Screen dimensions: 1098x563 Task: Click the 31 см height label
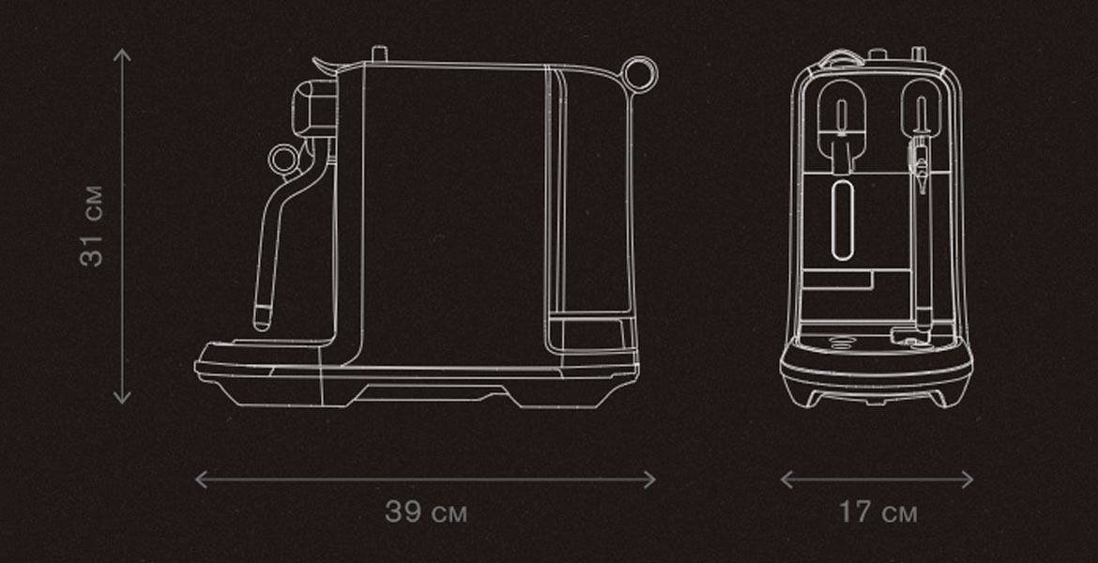[92, 226]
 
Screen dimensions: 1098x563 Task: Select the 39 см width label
[426, 512]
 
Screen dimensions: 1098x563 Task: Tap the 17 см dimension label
[877, 512]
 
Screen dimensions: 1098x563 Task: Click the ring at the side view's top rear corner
[639, 59]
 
